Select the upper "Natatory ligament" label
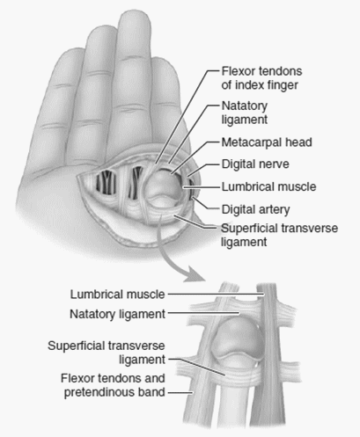pos(245,113)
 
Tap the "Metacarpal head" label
pos(267,142)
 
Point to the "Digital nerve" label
pos(255,164)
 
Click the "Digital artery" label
pos(255,209)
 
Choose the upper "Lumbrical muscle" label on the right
pos(268,186)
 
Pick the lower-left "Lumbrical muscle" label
pos(117,295)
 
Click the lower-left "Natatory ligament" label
pos(117,314)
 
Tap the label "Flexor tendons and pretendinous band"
pos(113,385)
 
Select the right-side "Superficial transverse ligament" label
pos(279,235)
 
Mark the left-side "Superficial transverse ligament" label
pos(107,353)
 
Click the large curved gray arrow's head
pos(193,275)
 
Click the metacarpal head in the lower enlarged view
pos(239,341)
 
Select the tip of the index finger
pos(165,63)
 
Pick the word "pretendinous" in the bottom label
pos(99,392)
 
